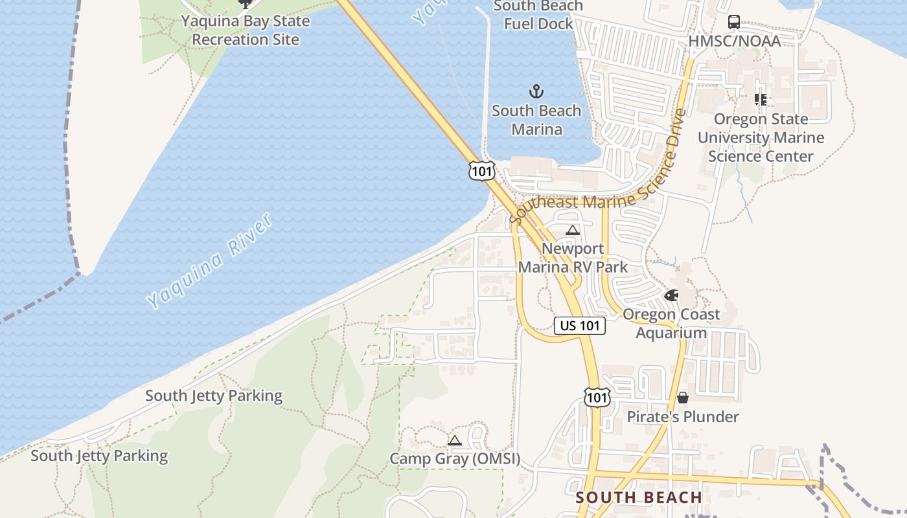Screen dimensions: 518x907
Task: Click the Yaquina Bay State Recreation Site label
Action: coord(245,30)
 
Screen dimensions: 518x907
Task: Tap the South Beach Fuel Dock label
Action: coord(538,15)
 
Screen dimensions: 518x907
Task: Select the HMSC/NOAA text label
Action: coord(734,41)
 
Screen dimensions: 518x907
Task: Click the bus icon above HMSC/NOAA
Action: coord(734,22)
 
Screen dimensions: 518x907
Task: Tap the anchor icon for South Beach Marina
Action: coord(536,91)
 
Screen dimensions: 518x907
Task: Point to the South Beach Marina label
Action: coord(536,120)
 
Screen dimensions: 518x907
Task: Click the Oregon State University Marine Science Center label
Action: coord(761,137)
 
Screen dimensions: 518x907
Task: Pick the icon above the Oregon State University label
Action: coord(761,100)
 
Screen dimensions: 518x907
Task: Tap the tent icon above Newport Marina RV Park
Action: coord(572,230)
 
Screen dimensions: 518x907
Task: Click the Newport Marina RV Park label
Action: coord(573,258)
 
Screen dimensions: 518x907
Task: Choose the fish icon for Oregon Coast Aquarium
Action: coord(671,295)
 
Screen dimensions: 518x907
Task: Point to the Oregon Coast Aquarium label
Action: coord(671,324)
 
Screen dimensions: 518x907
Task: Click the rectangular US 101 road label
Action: coord(580,326)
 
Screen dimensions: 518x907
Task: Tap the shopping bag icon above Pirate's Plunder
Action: coord(683,398)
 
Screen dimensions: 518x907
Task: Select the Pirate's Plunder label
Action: coord(683,416)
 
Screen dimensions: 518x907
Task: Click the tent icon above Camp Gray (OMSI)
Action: coord(455,441)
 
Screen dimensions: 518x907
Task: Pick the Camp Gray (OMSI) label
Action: coord(455,459)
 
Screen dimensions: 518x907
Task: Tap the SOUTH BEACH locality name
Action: coord(639,498)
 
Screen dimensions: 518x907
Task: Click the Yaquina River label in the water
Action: coord(209,261)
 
